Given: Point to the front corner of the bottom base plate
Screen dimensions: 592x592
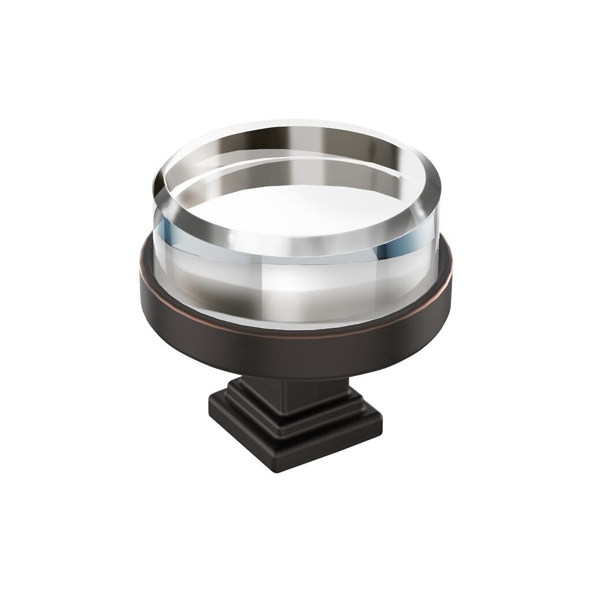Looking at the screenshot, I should pos(276,465).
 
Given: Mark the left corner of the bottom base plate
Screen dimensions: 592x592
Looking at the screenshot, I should pos(209,412).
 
